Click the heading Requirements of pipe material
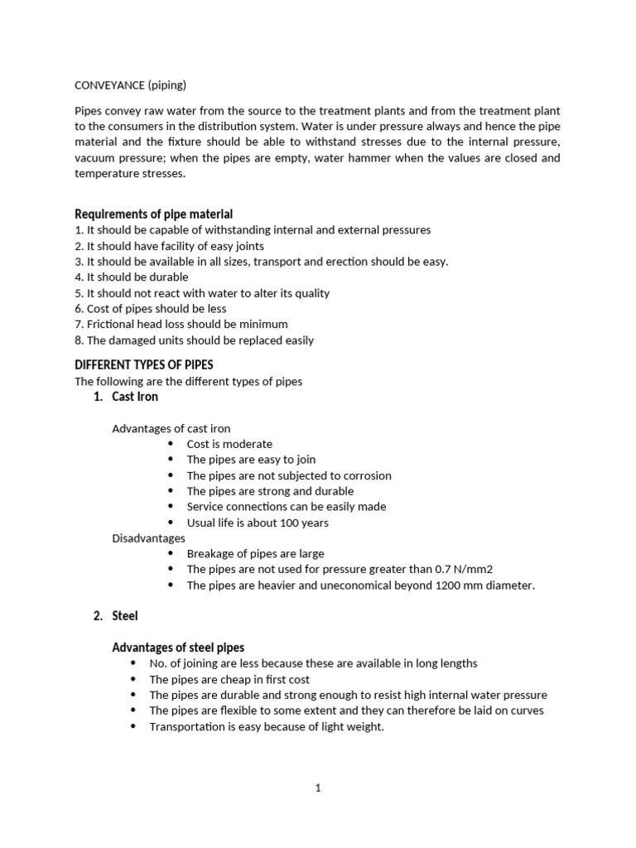coord(160,214)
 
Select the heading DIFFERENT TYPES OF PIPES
coord(144,364)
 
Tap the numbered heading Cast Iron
coord(135,397)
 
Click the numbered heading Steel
coord(125,615)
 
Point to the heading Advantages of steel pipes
coord(178,647)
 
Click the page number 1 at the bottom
coord(318,788)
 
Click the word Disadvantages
coord(148,538)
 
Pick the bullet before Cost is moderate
coord(171,445)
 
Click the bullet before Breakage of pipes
coord(171,554)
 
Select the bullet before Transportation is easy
coord(133,727)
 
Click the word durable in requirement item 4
coord(168,277)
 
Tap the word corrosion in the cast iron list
coord(364,476)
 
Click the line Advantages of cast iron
coord(171,428)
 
